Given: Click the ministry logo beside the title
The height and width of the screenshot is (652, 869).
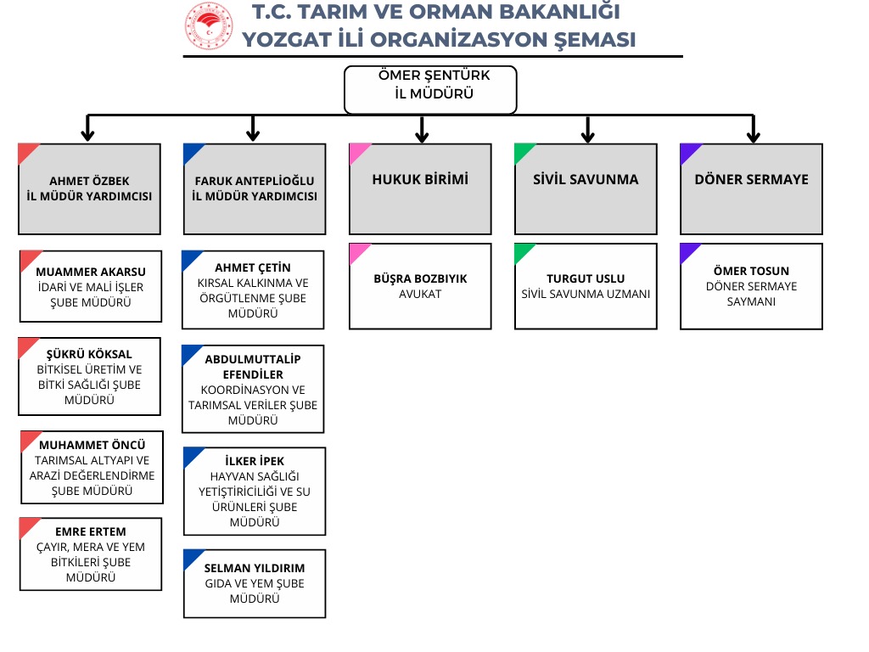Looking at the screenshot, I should tap(209, 26).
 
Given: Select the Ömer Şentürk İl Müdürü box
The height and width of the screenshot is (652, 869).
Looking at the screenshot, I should tap(430, 89).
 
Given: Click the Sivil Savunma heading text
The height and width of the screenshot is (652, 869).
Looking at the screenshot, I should tap(586, 179).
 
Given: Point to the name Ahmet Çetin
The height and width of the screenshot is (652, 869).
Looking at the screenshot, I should tap(253, 267).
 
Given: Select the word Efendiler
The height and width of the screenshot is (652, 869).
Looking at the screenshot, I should tap(255, 374).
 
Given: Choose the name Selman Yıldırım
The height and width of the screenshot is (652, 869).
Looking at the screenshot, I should tap(255, 568).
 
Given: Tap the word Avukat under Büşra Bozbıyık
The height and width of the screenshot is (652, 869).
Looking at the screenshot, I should tap(420, 294).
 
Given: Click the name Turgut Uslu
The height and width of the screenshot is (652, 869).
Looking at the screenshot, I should tap(586, 278).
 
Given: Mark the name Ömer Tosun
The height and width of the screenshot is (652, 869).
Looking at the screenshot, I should tap(751, 271).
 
